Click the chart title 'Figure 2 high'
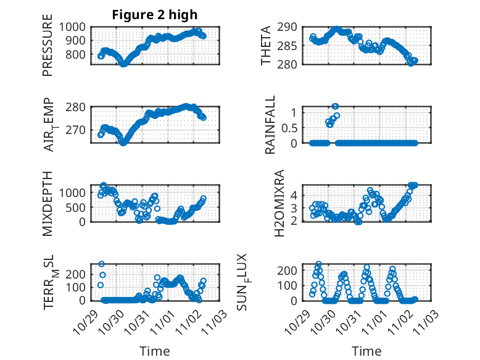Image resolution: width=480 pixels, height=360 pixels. tap(155, 15)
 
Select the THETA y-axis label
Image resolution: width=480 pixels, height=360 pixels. tap(266, 46)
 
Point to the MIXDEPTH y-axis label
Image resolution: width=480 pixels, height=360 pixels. tap(48, 203)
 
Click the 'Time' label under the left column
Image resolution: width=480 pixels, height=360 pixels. tap(155, 351)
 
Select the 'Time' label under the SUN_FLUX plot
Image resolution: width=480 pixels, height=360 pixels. tap(367, 351)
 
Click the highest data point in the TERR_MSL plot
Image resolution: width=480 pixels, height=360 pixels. tap(102, 264)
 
